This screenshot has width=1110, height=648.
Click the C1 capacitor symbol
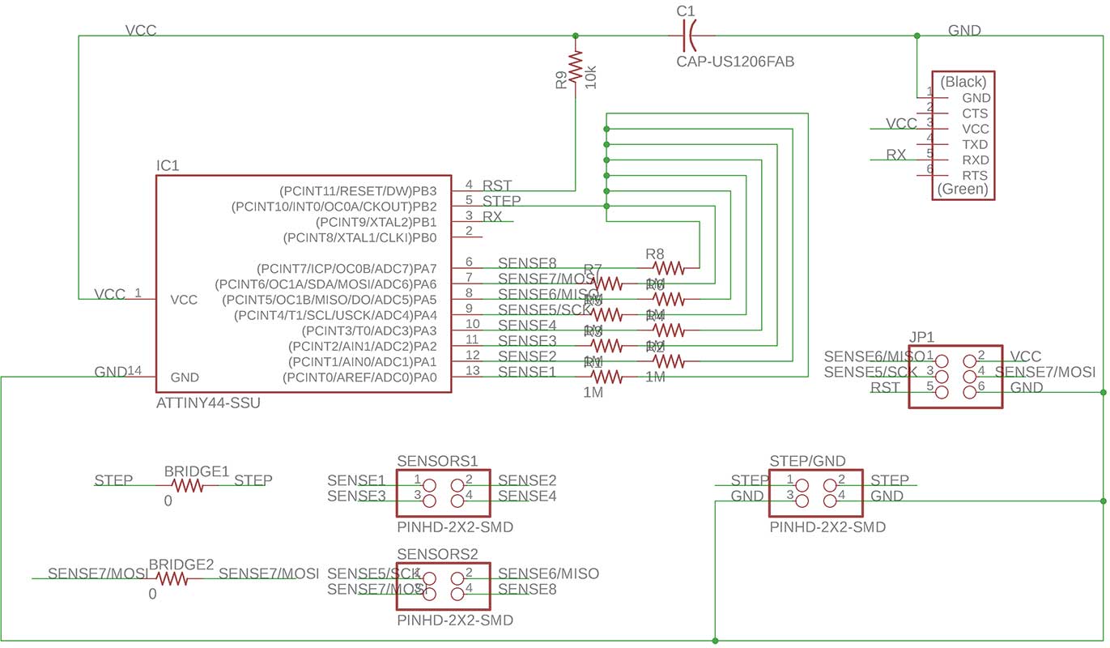(687, 36)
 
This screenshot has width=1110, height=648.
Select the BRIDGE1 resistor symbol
(186, 486)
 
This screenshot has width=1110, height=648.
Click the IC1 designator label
(168, 166)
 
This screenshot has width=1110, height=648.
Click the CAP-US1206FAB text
(735, 62)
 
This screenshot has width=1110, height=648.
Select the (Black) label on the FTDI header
(963, 82)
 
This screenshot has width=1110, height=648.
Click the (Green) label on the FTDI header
(963, 190)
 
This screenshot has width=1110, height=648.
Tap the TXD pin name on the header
(976, 144)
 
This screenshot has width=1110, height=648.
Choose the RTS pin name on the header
(976, 175)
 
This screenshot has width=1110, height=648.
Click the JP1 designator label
(921, 337)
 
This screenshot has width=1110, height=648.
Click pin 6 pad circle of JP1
(969, 392)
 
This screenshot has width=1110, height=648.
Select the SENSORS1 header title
(437, 460)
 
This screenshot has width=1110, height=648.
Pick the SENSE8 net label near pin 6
(527, 263)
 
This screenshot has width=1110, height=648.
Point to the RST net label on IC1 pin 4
(497, 186)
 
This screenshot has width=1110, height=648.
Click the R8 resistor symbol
(668, 267)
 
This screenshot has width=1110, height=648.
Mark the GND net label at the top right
(964, 31)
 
